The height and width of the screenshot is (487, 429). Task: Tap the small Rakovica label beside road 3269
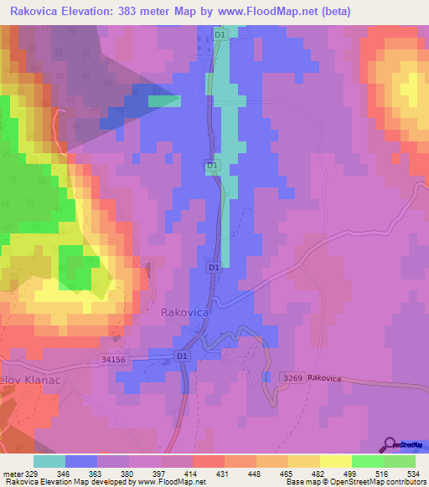(324, 379)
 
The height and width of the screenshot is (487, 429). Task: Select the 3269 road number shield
(291, 379)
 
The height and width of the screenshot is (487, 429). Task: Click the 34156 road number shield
(111, 360)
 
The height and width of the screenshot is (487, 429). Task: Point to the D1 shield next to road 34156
(183, 356)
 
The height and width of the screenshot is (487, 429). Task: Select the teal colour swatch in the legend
(49, 461)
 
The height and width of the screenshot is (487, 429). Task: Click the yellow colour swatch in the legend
(335, 461)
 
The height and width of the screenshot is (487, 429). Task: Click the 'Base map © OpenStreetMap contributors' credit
(355, 483)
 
